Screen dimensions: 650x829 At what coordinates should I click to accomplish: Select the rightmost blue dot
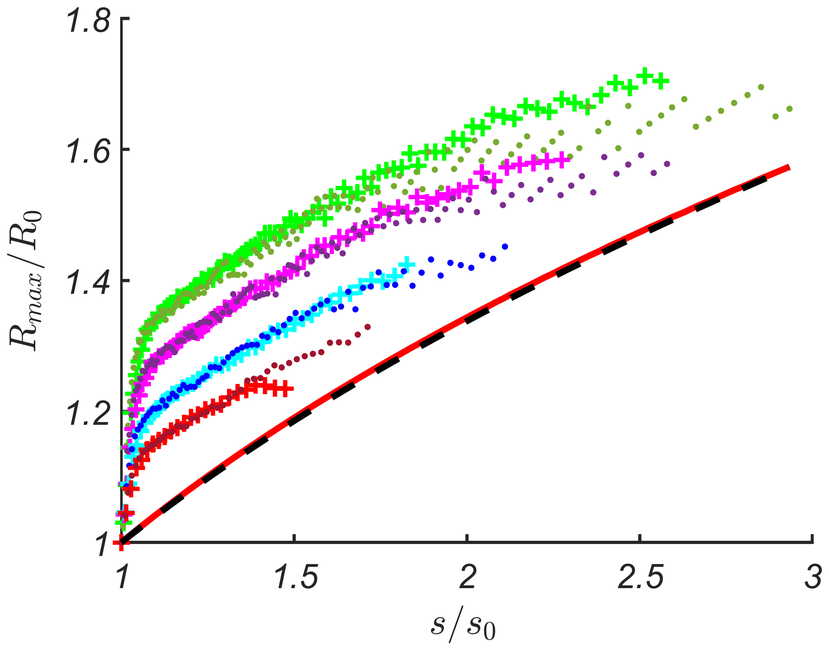click(x=505, y=246)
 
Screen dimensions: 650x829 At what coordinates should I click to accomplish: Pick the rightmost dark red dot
click(x=367, y=327)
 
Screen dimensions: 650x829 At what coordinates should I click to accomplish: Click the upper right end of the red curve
click(x=788, y=168)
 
